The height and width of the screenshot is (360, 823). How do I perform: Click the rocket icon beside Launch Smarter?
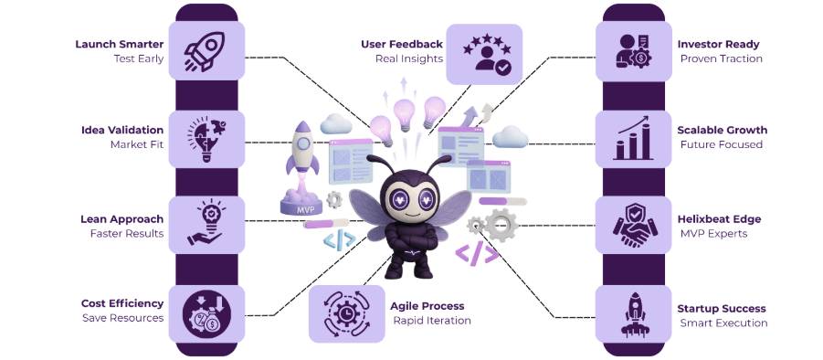coord(206,50)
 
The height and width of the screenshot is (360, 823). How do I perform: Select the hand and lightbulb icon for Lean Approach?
coord(206,225)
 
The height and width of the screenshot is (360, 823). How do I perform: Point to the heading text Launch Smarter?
coord(119,44)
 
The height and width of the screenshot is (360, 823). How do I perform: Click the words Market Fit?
coord(136,144)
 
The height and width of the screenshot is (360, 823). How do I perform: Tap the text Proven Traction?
coord(721,58)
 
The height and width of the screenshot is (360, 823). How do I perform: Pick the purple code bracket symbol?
coord(478,254)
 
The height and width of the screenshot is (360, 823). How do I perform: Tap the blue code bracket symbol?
coord(339,240)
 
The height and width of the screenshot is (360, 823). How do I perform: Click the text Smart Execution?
coord(723,323)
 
